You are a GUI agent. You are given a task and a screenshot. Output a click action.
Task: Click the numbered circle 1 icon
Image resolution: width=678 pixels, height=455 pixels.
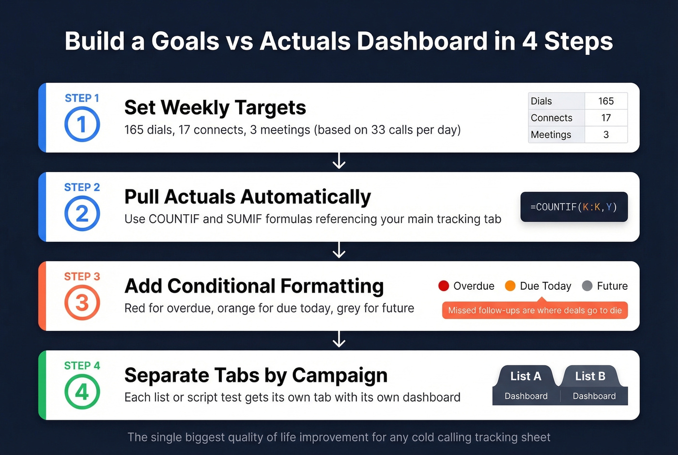tap(82, 125)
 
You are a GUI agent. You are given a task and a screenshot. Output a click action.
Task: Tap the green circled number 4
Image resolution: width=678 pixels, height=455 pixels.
tap(82, 392)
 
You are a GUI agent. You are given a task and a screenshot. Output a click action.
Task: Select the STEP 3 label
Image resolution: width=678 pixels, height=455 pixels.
tap(82, 276)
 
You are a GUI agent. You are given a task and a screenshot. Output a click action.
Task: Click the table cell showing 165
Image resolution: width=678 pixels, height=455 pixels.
tap(606, 101)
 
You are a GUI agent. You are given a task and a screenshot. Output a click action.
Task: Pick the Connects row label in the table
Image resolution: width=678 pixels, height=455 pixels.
tap(552, 118)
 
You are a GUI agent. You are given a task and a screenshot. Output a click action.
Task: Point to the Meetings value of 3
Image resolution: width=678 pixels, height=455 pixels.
tap(606, 135)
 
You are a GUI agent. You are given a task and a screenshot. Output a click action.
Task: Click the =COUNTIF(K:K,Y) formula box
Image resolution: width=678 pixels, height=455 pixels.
tap(574, 207)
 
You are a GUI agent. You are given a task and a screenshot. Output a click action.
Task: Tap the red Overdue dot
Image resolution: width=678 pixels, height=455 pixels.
tap(444, 286)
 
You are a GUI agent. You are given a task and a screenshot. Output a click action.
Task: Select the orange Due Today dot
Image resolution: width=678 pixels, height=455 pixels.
tap(510, 286)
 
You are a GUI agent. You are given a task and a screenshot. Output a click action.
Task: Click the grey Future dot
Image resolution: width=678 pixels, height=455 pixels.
tap(587, 286)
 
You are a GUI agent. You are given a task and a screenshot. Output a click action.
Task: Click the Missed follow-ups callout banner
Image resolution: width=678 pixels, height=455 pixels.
tap(535, 310)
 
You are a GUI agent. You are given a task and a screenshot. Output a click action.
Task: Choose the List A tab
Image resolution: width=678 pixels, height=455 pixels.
tap(525, 376)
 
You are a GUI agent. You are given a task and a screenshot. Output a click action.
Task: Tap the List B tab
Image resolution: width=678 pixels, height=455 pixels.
tap(590, 376)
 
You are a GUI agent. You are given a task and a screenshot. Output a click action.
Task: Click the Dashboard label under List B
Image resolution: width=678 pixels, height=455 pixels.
tap(594, 396)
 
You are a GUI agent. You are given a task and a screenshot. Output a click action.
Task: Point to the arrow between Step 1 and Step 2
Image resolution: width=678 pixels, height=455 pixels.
tap(339, 161)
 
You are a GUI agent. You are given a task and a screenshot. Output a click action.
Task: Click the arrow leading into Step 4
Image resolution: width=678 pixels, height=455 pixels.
tap(339, 340)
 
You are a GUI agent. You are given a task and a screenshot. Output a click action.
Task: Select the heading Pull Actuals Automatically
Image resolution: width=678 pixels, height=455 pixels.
tap(247, 197)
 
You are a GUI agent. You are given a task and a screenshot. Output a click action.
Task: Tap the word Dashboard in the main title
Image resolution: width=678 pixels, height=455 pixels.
tap(421, 41)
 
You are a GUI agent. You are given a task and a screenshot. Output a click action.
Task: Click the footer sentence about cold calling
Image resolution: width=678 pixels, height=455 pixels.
tap(339, 437)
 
